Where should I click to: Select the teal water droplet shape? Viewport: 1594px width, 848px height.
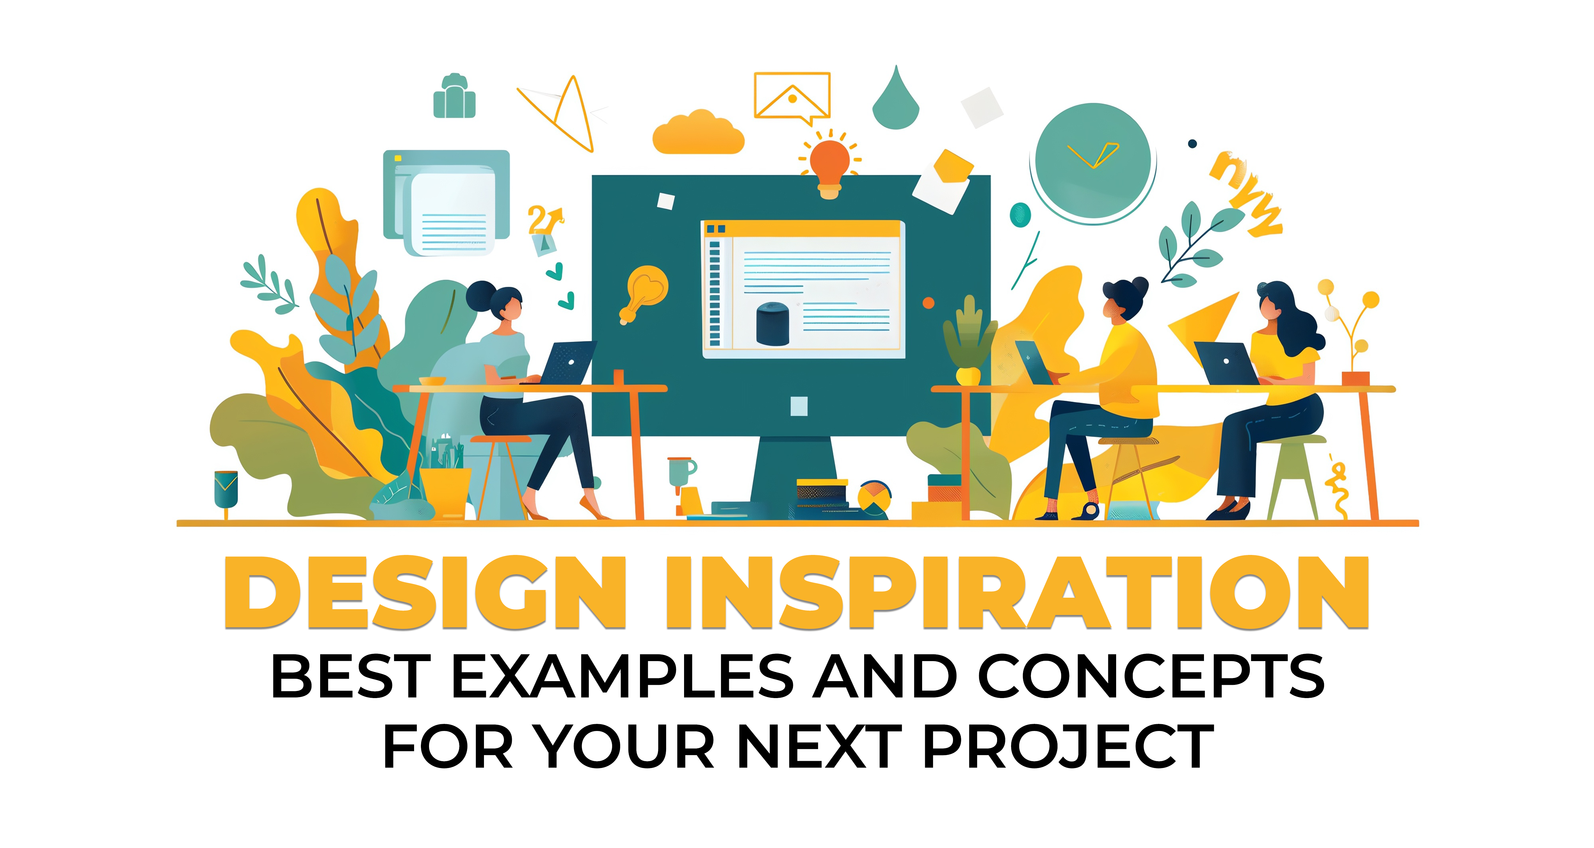point(895,102)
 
